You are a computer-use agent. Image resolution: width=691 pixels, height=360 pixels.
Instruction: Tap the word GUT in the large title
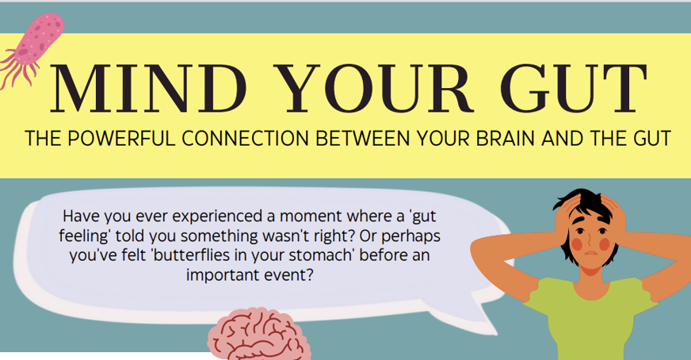[572, 88]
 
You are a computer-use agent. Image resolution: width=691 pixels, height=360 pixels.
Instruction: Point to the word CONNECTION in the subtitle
[246, 139]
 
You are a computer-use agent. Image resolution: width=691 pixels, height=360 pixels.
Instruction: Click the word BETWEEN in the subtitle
[363, 139]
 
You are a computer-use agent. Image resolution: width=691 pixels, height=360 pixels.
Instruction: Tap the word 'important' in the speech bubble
[223, 275]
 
